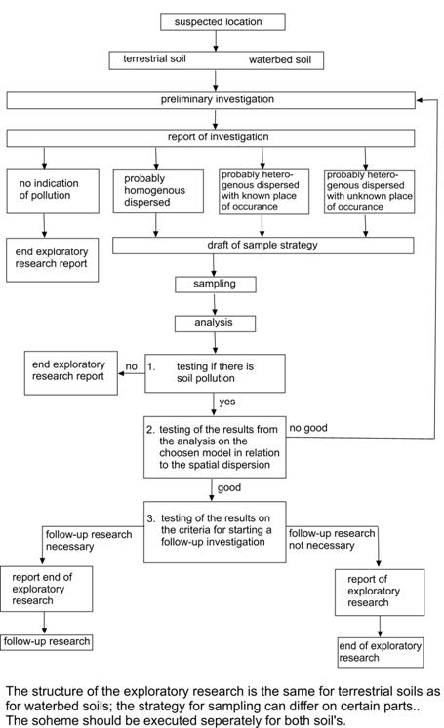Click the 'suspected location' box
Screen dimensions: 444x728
(x=222, y=21)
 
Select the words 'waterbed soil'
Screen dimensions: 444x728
(x=280, y=59)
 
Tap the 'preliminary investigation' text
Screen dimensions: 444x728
(x=217, y=99)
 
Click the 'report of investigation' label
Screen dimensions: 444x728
(x=218, y=137)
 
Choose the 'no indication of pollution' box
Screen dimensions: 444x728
(x=53, y=191)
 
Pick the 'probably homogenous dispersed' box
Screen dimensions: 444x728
(x=158, y=191)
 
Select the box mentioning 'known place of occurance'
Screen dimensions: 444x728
(x=263, y=191)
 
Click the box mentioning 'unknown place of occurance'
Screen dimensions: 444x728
(x=369, y=191)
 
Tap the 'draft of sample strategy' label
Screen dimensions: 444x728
(x=262, y=245)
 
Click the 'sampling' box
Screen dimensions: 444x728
(x=216, y=285)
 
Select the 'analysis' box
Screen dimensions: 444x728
(x=215, y=324)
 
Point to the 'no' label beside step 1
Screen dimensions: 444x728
(x=132, y=366)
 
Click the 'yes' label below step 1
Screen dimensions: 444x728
(x=227, y=402)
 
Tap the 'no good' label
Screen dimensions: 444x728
(x=308, y=428)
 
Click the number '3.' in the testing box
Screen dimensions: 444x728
(x=151, y=518)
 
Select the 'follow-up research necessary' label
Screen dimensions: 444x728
(x=89, y=541)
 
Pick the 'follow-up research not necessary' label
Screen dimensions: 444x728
(x=332, y=539)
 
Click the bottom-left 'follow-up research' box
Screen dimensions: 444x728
(x=46, y=642)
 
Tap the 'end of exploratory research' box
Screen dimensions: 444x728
(x=381, y=652)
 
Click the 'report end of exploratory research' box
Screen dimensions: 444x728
(x=46, y=589)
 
